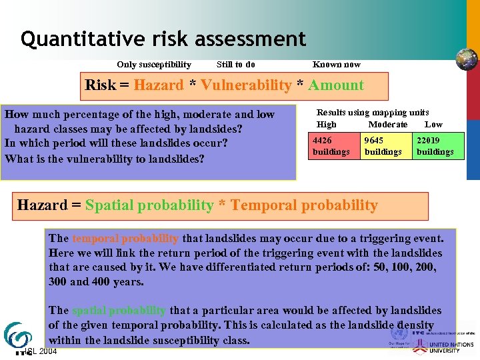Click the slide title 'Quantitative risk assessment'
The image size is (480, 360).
tap(163, 39)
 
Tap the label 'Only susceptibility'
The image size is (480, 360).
tap(154, 65)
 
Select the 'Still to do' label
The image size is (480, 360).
tap(236, 65)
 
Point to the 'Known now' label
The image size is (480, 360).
tap(337, 65)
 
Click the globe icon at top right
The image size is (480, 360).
tap(466, 59)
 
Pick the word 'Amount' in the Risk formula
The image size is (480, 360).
tap(336, 85)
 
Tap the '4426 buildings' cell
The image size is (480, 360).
tap(331, 147)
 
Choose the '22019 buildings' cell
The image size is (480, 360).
tap(435, 147)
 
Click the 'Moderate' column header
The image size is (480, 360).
tap(388, 125)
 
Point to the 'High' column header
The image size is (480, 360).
tap(327, 125)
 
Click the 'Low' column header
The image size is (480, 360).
tap(433, 125)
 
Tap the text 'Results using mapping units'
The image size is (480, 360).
tap(373, 113)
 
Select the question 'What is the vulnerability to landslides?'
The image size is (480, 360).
tap(104, 159)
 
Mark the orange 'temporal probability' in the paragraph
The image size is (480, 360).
tap(125, 238)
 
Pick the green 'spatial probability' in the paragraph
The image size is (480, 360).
tap(119, 311)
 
